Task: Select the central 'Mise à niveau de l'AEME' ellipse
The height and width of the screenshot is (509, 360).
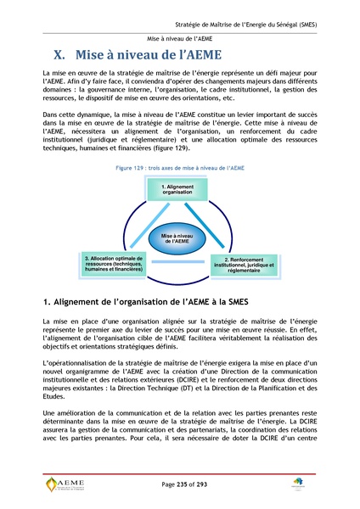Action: click(x=179, y=238)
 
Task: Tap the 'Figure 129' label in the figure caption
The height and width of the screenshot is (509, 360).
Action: click(x=132, y=169)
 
